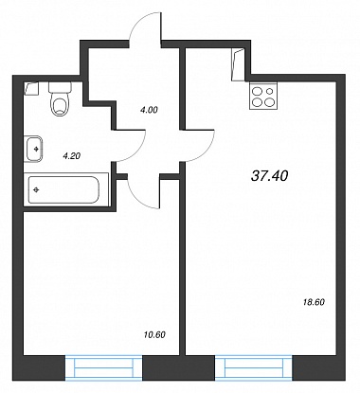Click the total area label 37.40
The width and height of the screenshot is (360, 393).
point(270,176)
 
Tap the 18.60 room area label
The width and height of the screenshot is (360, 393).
point(314,302)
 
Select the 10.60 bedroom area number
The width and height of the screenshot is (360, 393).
point(154,334)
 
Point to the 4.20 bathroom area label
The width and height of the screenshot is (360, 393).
point(72,155)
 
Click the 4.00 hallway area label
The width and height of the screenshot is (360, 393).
point(149,110)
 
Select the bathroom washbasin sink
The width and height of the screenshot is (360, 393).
point(33,149)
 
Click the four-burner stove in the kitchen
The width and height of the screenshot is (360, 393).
point(263,96)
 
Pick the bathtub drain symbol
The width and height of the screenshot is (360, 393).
point(36,189)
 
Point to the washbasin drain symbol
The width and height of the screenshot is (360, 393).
point(37,149)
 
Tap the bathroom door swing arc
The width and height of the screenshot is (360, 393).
point(137,152)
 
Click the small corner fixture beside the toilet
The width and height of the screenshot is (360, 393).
point(31,89)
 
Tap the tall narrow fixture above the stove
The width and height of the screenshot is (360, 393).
point(238,64)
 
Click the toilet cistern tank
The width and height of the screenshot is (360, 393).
point(60,87)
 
